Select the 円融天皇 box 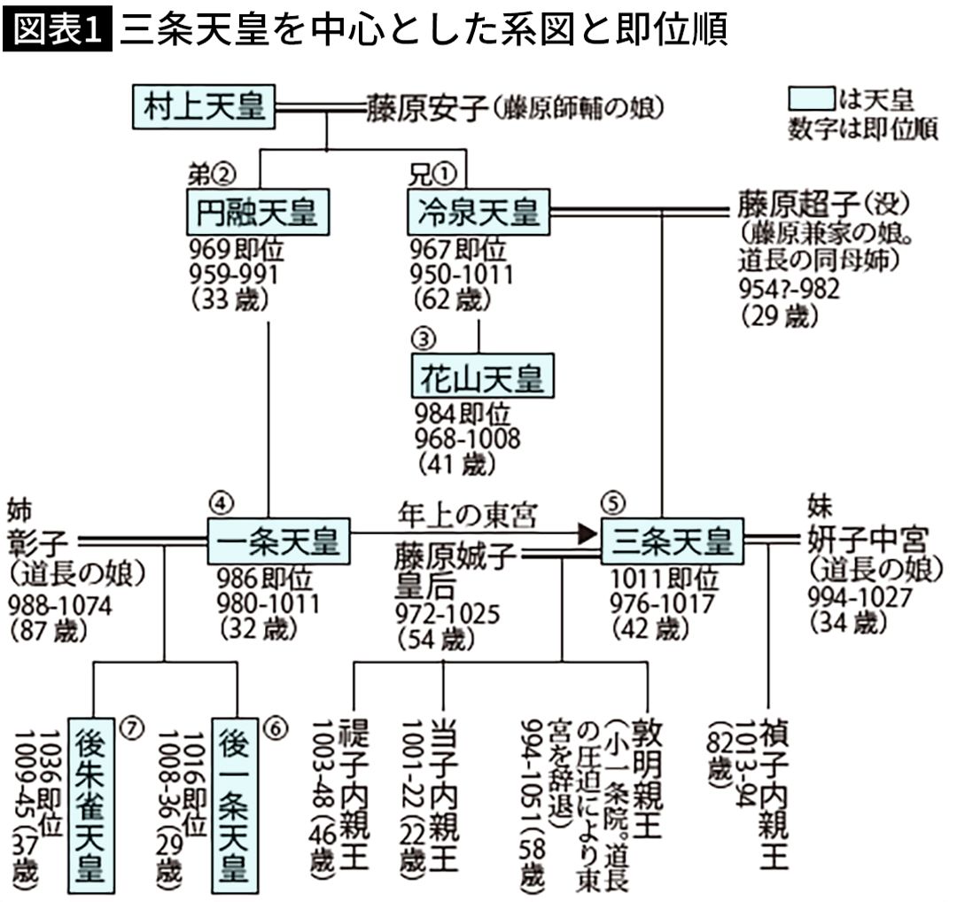point(258,213)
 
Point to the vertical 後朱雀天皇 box point(93,803)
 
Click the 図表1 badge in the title point(58,31)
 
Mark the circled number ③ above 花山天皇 point(424,339)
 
